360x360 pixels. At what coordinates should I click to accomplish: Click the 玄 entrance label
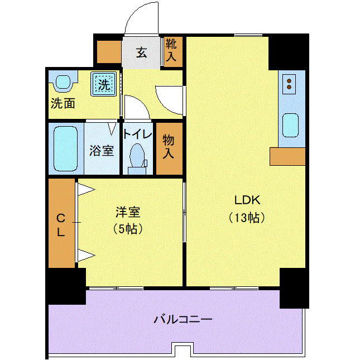(141, 52)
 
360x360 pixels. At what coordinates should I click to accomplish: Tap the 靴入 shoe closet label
(171, 50)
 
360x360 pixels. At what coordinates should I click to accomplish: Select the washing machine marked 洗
(104, 84)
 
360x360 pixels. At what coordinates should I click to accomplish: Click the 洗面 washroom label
(63, 103)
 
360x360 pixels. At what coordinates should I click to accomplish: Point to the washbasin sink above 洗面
(63, 81)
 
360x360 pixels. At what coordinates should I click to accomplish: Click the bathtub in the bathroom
(66, 148)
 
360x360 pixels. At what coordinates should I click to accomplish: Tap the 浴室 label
(102, 151)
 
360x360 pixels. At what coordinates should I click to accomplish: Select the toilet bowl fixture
(137, 159)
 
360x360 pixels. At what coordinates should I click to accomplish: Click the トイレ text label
(137, 134)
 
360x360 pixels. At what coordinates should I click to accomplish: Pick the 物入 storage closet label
(169, 147)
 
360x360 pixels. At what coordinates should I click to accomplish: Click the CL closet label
(61, 225)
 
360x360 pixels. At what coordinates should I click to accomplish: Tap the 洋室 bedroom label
(128, 212)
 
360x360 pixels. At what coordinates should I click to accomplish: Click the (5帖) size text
(128, 229)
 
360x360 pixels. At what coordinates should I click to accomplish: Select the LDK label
(247, 200)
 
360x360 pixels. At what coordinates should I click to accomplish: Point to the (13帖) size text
(247, 218)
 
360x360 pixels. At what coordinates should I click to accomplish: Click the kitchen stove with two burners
(289, 84)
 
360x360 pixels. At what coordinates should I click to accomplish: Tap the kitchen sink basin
(290, 126)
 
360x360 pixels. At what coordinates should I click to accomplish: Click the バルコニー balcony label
(183, 319)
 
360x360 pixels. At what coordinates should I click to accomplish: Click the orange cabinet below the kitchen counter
(287, 156)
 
